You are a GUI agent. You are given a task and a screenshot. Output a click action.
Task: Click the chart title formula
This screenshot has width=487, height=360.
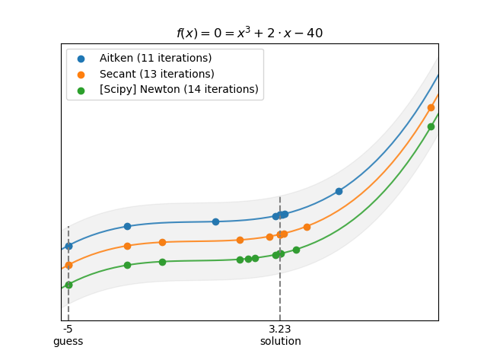[x=250, y=33]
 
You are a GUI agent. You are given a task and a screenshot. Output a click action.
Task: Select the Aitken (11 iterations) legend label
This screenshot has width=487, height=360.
[x=155, y=59]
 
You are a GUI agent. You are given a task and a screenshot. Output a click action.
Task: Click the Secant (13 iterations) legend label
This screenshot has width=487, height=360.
[x=157, y=74]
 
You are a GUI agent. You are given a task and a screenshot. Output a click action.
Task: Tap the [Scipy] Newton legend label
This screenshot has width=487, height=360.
[x=179, y=90]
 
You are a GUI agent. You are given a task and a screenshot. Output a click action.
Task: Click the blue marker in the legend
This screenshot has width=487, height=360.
[x=81, y=59]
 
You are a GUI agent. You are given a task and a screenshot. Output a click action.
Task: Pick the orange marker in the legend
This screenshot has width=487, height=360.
[x=81, y=75]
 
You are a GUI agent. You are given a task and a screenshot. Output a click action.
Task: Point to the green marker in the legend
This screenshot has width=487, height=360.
[x=81, y=90]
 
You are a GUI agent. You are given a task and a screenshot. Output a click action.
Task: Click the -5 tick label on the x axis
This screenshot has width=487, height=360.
[x=68, y=330]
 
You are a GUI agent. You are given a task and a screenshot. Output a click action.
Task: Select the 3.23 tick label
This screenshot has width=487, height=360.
[x=280, y=330]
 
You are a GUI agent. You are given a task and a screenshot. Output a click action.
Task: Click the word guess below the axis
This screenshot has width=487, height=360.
[x=68, y=342]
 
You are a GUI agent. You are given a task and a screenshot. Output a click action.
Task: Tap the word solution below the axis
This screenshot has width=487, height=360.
[x=280, y=342]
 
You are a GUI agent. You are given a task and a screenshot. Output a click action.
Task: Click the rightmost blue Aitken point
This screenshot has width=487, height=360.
[x=339, y=191]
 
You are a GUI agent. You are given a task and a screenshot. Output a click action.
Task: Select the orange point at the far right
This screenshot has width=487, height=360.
[x=431, y=107]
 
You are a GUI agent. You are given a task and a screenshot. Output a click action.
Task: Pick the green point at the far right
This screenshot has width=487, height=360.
[x=431, y=126]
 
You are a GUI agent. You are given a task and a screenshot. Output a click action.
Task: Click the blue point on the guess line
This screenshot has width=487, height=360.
[x=68, y=246]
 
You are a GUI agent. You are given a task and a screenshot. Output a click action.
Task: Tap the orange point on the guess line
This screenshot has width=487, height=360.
[x=68, y=265]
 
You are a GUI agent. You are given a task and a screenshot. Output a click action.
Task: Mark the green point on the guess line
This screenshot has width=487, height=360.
[x=68, y=285]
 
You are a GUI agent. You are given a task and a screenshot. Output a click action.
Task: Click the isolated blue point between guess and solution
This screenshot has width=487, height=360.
[x=215, y=221]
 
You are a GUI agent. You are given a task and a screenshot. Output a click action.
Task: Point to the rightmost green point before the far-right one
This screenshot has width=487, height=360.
[x=296, y=250]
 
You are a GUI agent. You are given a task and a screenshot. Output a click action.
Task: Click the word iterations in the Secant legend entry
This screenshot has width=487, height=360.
[x=186, y=74]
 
